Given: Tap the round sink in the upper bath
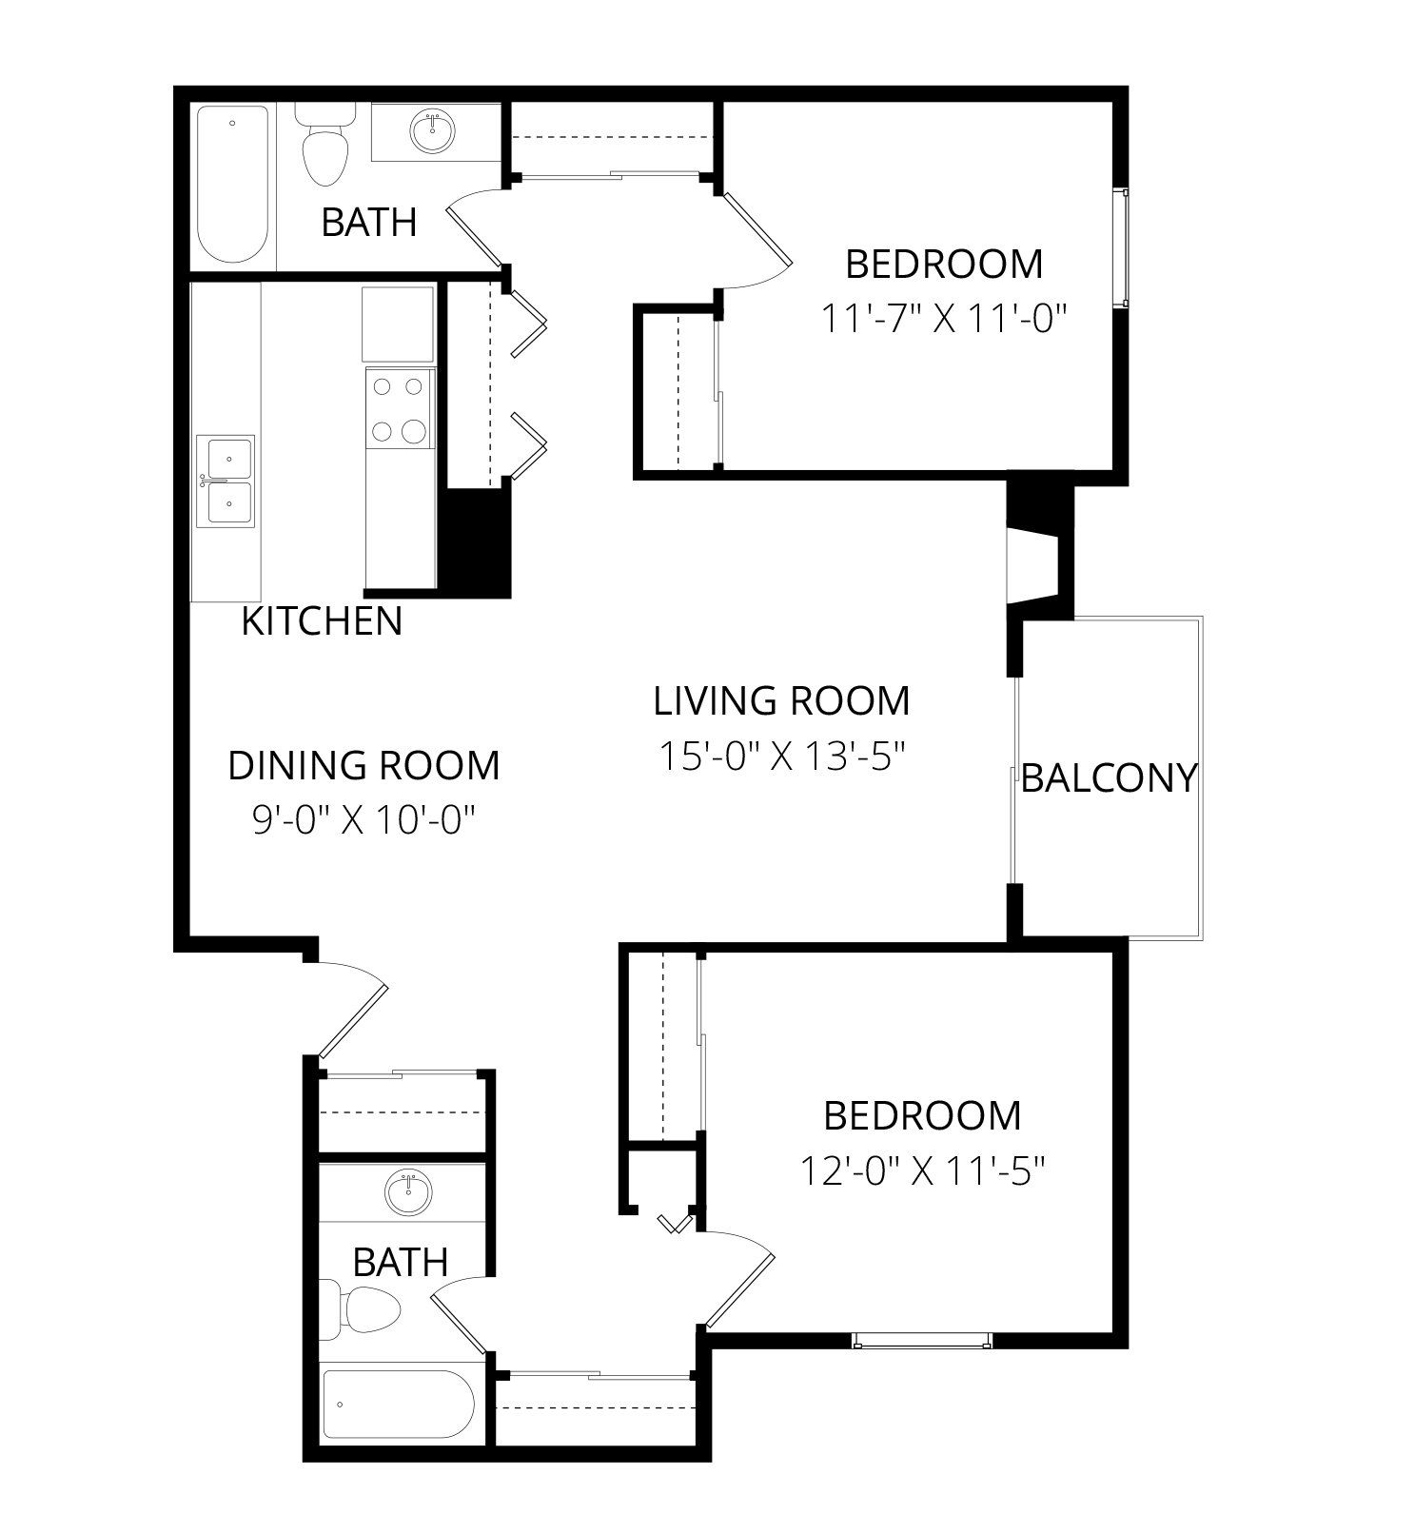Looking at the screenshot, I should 433,130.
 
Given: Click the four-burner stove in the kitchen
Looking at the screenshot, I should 399,409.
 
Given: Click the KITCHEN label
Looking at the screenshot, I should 322,621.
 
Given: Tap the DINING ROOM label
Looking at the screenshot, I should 364,765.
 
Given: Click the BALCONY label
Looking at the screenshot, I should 1109,778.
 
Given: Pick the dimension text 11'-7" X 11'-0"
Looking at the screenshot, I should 941,319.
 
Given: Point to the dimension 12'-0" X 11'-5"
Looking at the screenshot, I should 922,1170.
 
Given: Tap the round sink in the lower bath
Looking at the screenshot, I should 409,1191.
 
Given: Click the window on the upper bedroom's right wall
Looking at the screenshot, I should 1125,247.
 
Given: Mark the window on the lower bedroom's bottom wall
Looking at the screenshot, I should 922,1341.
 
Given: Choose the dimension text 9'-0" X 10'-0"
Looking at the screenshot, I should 364,818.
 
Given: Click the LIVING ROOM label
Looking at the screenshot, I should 781,701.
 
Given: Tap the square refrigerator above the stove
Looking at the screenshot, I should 398,323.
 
